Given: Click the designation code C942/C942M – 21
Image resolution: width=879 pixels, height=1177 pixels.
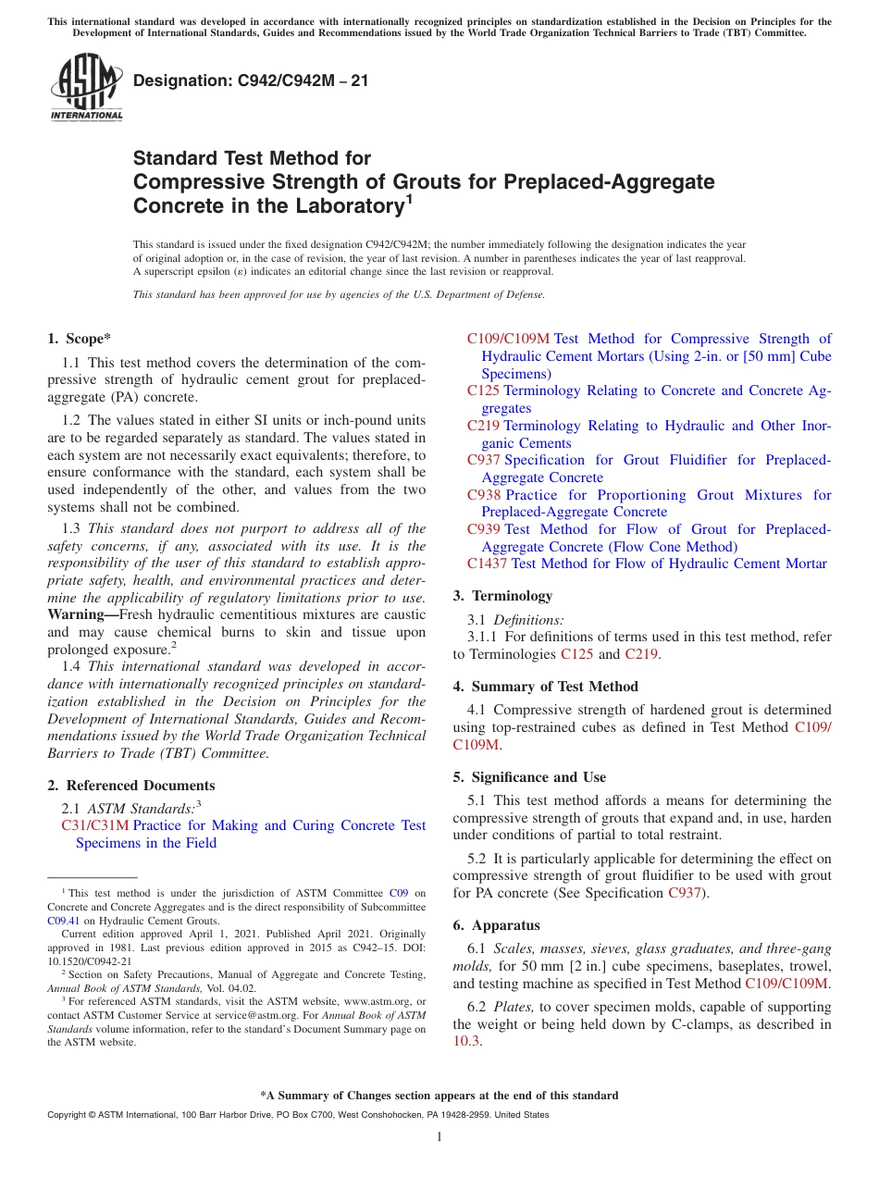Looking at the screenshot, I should tap(251, 81).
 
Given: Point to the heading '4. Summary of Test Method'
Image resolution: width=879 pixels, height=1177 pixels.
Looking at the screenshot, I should tap(545, 687).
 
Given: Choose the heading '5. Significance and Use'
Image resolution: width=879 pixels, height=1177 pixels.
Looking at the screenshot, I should tap(529, 777).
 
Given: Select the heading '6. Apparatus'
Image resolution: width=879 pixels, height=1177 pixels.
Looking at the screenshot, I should tap(496, 925).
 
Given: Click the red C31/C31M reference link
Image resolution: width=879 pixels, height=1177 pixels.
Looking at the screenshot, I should tap(95, 825).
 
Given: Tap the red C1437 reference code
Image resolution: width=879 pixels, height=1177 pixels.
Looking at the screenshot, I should tap(487, 564).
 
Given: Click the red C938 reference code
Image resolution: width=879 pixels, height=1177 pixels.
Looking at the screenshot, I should tap(485, 495).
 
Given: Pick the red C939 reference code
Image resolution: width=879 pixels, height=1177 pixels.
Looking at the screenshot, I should tap(485, 529).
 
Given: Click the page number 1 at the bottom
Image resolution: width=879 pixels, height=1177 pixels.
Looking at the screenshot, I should tap(439, 1136).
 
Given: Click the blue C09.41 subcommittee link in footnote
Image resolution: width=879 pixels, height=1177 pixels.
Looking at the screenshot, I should tap(63, 921).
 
